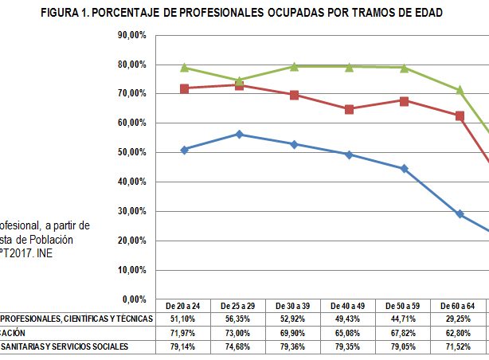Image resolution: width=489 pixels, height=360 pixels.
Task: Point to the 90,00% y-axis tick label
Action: (x=132, y=35)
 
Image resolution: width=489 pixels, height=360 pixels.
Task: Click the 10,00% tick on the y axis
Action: (x=132, y=270)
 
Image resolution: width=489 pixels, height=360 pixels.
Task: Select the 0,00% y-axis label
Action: (x=135, y=299)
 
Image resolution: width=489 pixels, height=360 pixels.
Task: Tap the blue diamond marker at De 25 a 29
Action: (x=239, y=135)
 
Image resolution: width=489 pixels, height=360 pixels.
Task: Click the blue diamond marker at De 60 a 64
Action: (x=460, y=214)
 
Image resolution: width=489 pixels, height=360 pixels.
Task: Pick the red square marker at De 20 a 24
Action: (x=184, y=88)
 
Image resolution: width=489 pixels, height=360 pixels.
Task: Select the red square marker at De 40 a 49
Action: (x=350, y=109)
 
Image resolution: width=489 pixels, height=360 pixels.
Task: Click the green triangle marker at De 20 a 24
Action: (x=184, y=68)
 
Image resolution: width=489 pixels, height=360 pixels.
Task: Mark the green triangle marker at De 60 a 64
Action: (x=460, y=90)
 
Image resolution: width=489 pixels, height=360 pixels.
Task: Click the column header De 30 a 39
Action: (x=294, y=306)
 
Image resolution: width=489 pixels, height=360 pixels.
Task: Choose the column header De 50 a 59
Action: (x=404, y=306)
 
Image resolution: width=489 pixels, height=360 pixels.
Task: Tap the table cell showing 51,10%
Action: (x=184, y=319)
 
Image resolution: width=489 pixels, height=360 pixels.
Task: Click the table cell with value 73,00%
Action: (x=239, y=333)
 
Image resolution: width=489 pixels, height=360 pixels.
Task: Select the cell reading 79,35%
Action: (x=349, y=347)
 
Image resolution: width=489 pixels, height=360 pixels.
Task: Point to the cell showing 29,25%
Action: (x=459, y=319)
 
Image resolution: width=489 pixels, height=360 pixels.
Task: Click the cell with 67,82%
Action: (x=404, y=333)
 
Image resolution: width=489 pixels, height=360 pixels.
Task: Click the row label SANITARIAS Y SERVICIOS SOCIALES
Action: (x=64, y=347)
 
